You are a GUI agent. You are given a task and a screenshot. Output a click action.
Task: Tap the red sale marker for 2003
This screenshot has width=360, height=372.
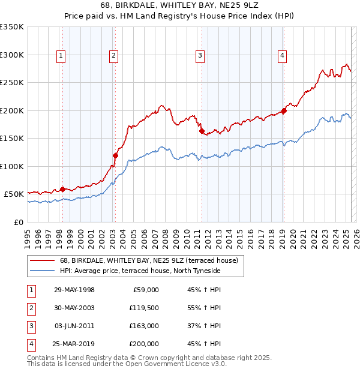coord(115,155)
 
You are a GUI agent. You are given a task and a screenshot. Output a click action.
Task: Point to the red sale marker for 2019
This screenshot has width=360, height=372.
coord(284,110)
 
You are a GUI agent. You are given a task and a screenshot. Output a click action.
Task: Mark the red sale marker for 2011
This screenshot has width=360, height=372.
coord(202,131)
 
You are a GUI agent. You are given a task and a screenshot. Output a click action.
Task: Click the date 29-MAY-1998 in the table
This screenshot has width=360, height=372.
coord(74,290)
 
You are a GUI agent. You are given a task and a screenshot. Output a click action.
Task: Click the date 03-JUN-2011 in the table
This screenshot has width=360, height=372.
coord(74,326)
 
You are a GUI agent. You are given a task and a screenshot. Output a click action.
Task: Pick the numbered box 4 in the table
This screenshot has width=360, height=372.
coord(30,344)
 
